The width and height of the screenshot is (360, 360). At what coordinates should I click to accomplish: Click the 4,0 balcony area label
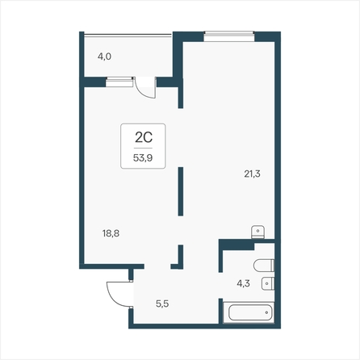pyautogui.click(x=104, y=57)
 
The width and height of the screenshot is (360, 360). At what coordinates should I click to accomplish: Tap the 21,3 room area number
pyautogui.click(x=252, y=174)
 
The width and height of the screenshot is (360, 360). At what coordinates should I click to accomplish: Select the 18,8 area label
pyautogui.click(x=111, y=233)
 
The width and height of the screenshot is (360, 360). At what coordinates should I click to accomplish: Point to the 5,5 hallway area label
pyautogui.click(x=162, y=303)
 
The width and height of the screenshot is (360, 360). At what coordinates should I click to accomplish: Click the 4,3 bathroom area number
pyautogui.click(x=243, y=283)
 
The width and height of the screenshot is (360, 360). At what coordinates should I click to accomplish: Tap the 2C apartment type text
pyautogui.click(x=144, y=137)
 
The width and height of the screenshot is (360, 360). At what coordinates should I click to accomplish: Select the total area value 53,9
pyautogui.click(x=143, y=157)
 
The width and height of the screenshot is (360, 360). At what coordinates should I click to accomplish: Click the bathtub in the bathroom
pyautogui.click(x=249, y=312)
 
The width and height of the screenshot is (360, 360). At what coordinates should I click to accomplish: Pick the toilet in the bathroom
pyautogui.click(x=264, y=266)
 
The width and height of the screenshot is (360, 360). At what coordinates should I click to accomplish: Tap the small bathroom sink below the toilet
pyautogui.click(x=268, y=283)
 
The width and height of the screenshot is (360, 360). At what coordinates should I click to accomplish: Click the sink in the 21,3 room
pyautogui.click(x=257, y=232)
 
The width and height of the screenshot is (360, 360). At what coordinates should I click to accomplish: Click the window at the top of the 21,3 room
pyautogui.click(x=229, y=36)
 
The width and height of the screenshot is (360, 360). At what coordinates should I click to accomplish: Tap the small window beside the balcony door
pyautogui.click(x=119, y=82)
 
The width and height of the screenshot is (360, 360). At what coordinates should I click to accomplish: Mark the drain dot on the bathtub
pyautogui.click(x=266, y=312)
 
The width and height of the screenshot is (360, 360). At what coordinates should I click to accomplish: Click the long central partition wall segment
pyautogui.click(x=181, y=191)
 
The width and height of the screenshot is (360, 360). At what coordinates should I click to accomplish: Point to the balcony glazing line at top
pyautogui.click(x=128, y=35)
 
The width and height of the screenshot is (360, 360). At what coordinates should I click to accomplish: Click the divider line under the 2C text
pyautogui.click(x=143, y=148)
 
